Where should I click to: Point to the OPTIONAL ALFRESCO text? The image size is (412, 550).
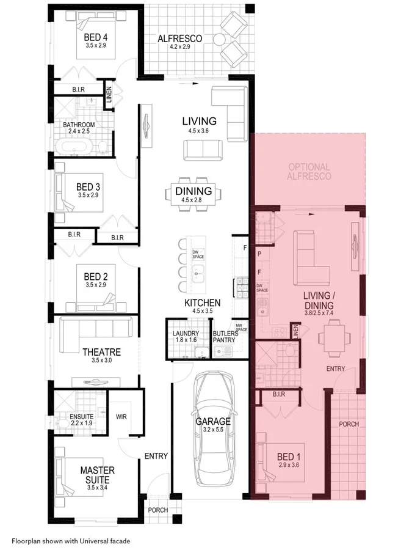pos(309,171)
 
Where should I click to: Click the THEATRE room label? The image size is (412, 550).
pos(101,352)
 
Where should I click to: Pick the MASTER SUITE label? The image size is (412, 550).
pos(97,475)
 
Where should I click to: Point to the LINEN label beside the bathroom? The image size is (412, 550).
pos(109,95)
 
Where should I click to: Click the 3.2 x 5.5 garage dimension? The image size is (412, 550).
pos(213,430)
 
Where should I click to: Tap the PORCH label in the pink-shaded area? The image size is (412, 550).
pos(349,424)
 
